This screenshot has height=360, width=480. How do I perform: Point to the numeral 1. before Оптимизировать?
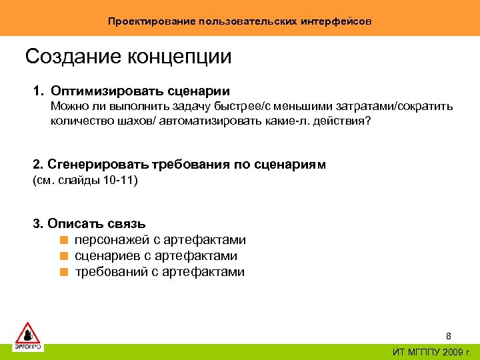(38, 91)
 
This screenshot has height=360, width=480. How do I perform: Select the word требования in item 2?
(185, 164)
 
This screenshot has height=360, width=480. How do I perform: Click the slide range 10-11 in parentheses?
(119, 180)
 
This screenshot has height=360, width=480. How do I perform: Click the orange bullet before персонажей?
(63, 240)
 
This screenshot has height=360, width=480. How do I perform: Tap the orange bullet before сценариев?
(63, 256)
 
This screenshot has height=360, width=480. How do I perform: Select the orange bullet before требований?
(63, 272)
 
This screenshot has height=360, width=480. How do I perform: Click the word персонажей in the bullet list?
(114, 240)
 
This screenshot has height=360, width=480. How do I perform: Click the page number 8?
(449, 336)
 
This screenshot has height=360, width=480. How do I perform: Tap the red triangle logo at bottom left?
(28, 334)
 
